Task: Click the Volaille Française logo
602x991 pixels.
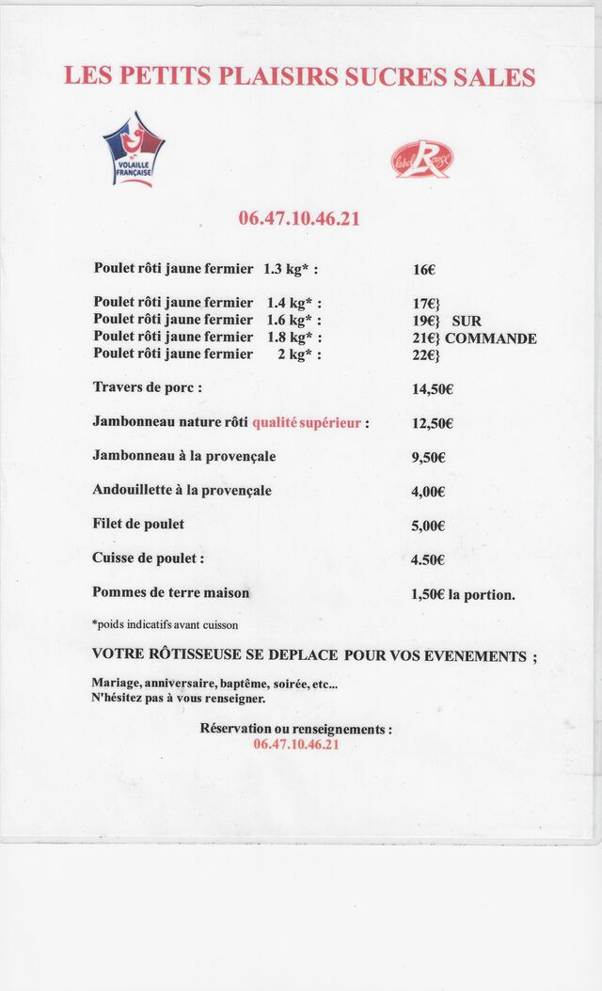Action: (x=133, y=149)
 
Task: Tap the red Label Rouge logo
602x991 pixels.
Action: (x=422, y=159)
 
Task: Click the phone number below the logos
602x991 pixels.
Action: (x=299, y=218)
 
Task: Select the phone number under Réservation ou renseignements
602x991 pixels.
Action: (x=296, y=744)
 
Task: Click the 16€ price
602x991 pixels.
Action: (x=424, y=270)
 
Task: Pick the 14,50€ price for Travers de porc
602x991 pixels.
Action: (x=433, y=389)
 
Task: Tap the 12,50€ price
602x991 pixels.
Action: (x=433, y=423)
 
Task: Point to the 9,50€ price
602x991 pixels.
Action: (x=429, y=458)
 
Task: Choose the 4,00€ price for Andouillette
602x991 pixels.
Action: (x=429, y=492)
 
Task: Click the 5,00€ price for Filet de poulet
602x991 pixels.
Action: (x=429, y=527)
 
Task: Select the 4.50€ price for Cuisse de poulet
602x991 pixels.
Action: (x=429, y=560)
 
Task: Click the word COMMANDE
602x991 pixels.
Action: (x=491, y=338)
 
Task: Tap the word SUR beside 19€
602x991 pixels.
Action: (x=467, y=321)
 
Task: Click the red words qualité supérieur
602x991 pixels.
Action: (x=307, y=423)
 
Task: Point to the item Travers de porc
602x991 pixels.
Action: (x=147, y=387)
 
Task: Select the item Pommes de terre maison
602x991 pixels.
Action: (x=170, y=592)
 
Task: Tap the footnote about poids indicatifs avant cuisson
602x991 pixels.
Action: (x=165, y=624)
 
